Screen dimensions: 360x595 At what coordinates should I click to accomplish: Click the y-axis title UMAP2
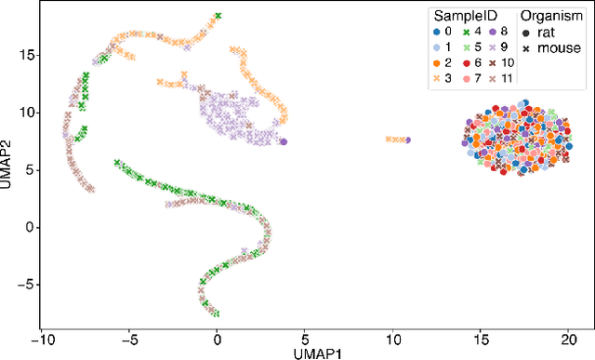click(x=7, y=168)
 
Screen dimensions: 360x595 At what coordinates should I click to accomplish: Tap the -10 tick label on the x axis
click(x=41, y=339)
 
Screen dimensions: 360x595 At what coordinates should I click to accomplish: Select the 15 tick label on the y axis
click(x=27, y=56)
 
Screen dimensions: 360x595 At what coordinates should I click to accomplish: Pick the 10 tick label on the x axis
click(x=392, y=339)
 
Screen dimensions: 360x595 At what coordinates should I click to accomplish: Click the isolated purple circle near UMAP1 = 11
click(x=408, y=140)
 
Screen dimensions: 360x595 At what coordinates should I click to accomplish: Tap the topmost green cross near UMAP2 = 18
click(x=218, y=16)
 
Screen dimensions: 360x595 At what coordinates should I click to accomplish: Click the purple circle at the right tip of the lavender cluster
click(x=284, y=141)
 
